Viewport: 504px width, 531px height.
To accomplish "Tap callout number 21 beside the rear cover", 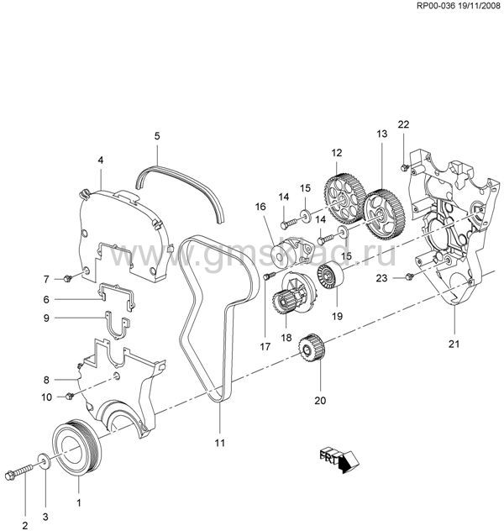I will tap(454, 343).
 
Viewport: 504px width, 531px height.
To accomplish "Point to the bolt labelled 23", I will tap(409, 276).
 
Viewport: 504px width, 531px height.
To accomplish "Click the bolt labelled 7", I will tap(66, 277).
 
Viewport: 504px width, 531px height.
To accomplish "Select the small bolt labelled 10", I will tap(71, 395).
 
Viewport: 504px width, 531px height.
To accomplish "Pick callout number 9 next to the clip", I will tap(48, 318).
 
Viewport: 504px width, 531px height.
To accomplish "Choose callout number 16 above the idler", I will tap(260, 205).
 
